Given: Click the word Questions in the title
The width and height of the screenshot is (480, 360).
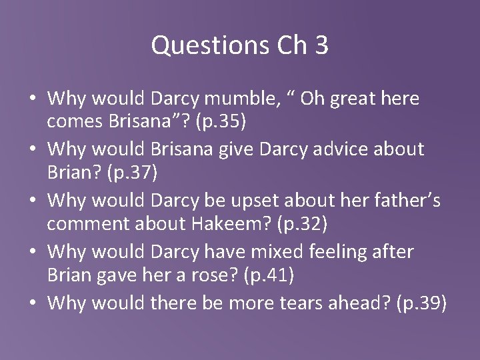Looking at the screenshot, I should point(199,46).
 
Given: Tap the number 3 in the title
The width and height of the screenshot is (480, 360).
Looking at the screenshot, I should point(320,46).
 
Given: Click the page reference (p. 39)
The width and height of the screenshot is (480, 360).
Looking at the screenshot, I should point(421,303).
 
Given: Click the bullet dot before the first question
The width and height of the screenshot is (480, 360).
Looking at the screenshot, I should point(33,100).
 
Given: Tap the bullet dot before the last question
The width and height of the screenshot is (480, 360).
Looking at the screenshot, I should point(33,304).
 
